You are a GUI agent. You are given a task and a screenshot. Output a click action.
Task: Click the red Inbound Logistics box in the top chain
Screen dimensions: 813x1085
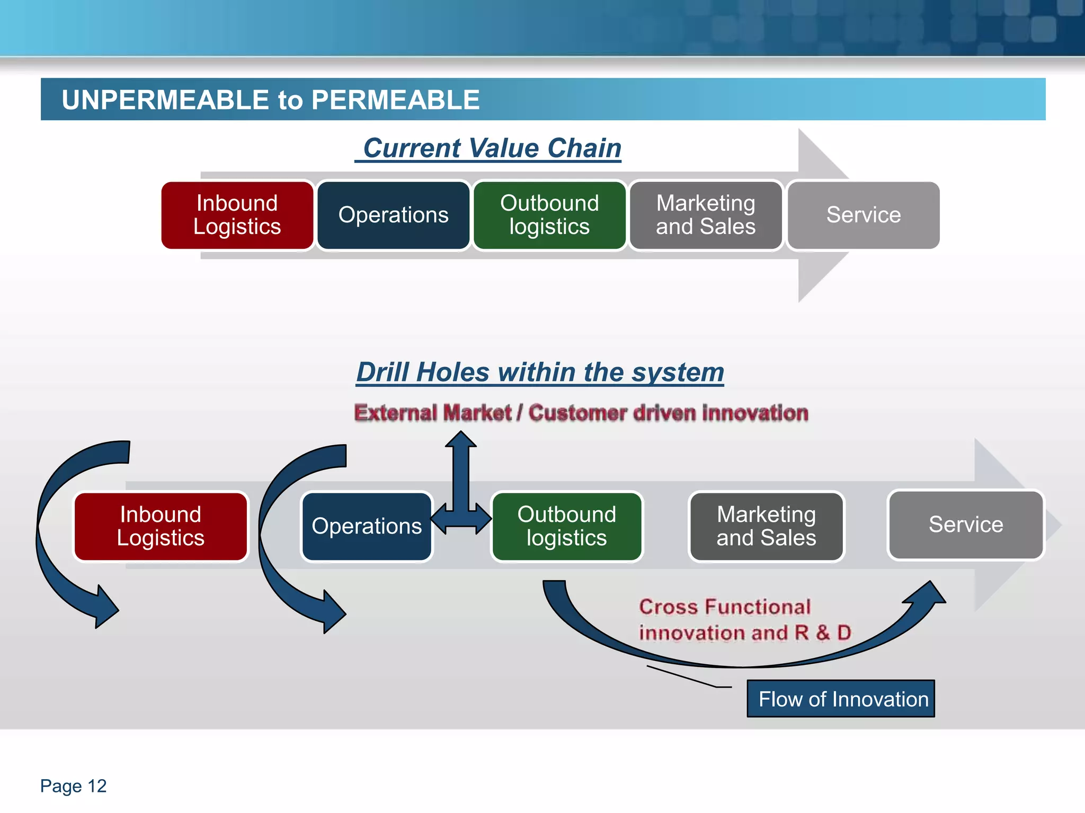237,215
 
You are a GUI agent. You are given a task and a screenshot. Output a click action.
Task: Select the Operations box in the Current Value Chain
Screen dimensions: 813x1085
393,215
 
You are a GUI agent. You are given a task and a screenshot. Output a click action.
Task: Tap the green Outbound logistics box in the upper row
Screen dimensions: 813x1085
549,215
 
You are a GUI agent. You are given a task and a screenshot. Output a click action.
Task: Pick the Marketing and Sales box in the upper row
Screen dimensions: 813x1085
706,215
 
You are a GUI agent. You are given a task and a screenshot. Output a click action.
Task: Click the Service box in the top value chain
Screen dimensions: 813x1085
863,215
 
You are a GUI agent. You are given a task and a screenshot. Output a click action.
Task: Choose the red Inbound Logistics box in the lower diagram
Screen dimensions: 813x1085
161,526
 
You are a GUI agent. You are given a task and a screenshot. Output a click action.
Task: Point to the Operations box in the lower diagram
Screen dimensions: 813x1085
367,526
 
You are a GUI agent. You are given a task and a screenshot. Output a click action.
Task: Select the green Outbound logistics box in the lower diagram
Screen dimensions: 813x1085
566,526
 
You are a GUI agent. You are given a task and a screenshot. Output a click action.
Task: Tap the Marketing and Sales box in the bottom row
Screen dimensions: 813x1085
766,526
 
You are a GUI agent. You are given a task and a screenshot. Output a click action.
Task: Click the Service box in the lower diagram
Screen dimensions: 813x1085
965,525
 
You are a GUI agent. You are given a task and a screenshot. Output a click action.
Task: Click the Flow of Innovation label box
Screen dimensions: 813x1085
841,699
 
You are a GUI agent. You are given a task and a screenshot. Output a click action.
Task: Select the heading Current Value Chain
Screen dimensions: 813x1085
491,148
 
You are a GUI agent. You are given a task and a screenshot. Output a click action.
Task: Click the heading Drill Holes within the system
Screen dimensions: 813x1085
540,372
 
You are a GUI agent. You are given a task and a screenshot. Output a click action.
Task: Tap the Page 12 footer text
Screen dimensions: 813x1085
73,786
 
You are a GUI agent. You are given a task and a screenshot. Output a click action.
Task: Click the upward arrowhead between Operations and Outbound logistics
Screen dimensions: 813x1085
460,439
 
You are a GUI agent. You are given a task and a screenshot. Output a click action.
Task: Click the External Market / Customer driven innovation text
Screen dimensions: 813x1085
581,413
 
